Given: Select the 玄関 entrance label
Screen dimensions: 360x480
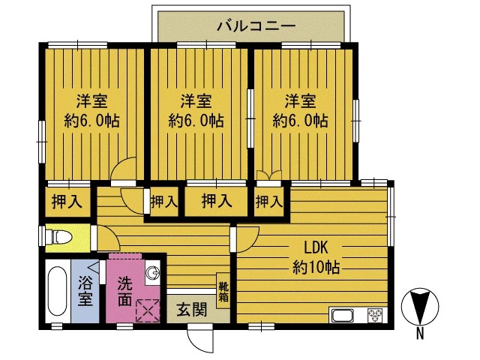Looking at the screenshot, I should point(191,310).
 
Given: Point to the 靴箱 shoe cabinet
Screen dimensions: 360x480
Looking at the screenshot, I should point(223,289).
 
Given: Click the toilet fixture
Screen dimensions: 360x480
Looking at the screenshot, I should point(61,238).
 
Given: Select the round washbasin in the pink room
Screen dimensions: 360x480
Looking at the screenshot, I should point(152,273).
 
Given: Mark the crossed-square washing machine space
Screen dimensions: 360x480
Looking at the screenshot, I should point(148,308).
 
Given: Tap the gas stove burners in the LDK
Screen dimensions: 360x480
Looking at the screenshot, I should point(374,316).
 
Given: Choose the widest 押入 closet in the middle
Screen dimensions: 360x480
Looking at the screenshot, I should point(216,201).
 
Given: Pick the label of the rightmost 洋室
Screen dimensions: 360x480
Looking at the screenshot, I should point(299,111).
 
